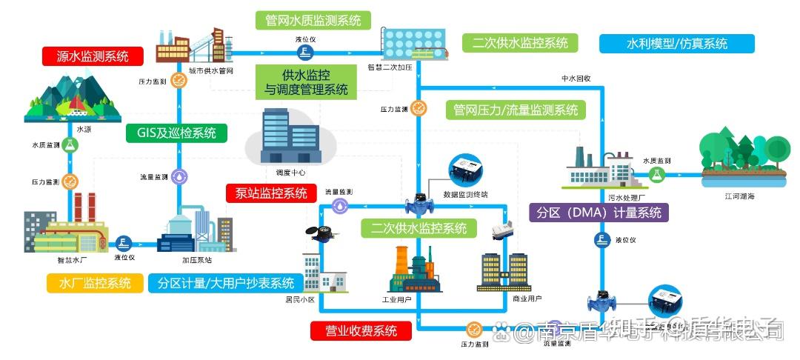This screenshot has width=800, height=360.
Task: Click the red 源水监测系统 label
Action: tap(93, 56)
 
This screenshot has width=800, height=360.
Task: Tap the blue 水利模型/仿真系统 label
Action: tap(676, 43)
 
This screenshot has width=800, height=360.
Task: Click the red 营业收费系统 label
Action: tap(361, 330)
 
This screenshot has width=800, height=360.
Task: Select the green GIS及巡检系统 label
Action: tap(176, 133)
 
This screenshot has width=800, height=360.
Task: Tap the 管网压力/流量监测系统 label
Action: tap(516, 110)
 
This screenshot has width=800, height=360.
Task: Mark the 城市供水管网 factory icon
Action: tap(191, 46)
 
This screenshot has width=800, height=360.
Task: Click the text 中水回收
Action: tap(576, 78)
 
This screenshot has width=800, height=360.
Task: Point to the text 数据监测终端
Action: tap(465, 195)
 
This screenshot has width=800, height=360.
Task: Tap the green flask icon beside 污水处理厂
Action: tap(656, 175)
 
